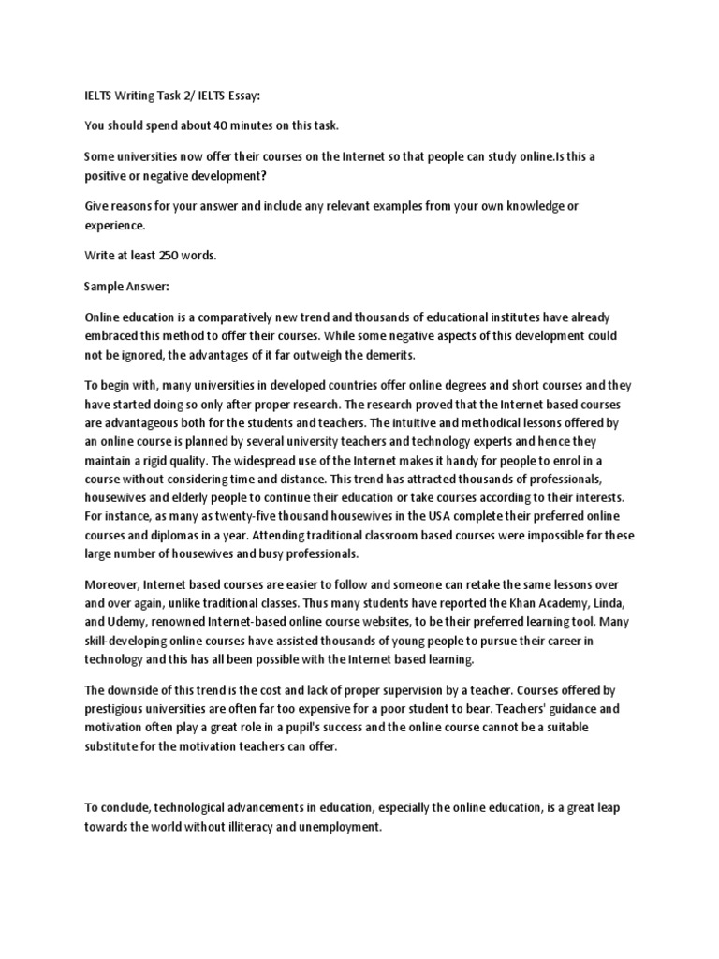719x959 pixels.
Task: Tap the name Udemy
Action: point(129,621)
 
